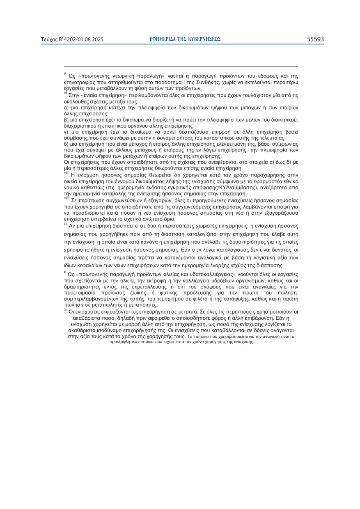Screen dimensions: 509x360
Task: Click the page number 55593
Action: [x=315, y=39]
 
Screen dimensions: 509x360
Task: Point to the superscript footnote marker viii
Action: [x=67, y=198]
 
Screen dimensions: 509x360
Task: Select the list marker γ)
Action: [x=66, y=132]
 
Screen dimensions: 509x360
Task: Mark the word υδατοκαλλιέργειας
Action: [x=209, y=274]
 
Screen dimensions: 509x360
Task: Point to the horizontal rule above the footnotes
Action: [x=181, y=66]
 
